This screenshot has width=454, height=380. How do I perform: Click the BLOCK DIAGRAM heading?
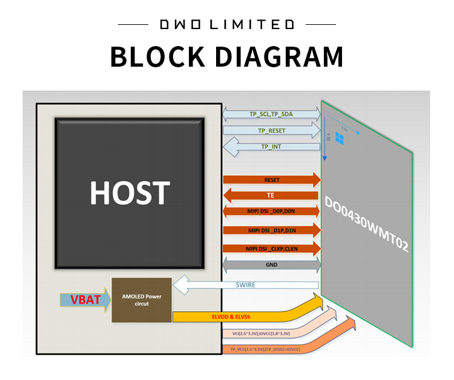226,56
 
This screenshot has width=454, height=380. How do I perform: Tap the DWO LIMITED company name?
226,24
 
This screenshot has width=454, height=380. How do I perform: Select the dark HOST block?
129,193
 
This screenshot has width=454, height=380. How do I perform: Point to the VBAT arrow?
85,299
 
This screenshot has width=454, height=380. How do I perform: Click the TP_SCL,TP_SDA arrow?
271,114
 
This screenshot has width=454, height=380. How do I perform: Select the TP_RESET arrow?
271,130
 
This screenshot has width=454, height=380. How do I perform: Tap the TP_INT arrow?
271,147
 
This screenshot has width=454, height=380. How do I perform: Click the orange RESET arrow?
271,180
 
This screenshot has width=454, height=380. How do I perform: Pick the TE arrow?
271,196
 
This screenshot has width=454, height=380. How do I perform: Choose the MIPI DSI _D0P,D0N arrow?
271,212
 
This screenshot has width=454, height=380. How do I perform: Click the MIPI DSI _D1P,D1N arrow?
271,230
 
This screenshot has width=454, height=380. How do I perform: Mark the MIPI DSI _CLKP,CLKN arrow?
271,248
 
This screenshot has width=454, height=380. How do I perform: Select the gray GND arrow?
271,265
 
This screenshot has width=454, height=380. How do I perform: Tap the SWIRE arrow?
245,285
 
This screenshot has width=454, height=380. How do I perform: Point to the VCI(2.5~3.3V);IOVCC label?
257,333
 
